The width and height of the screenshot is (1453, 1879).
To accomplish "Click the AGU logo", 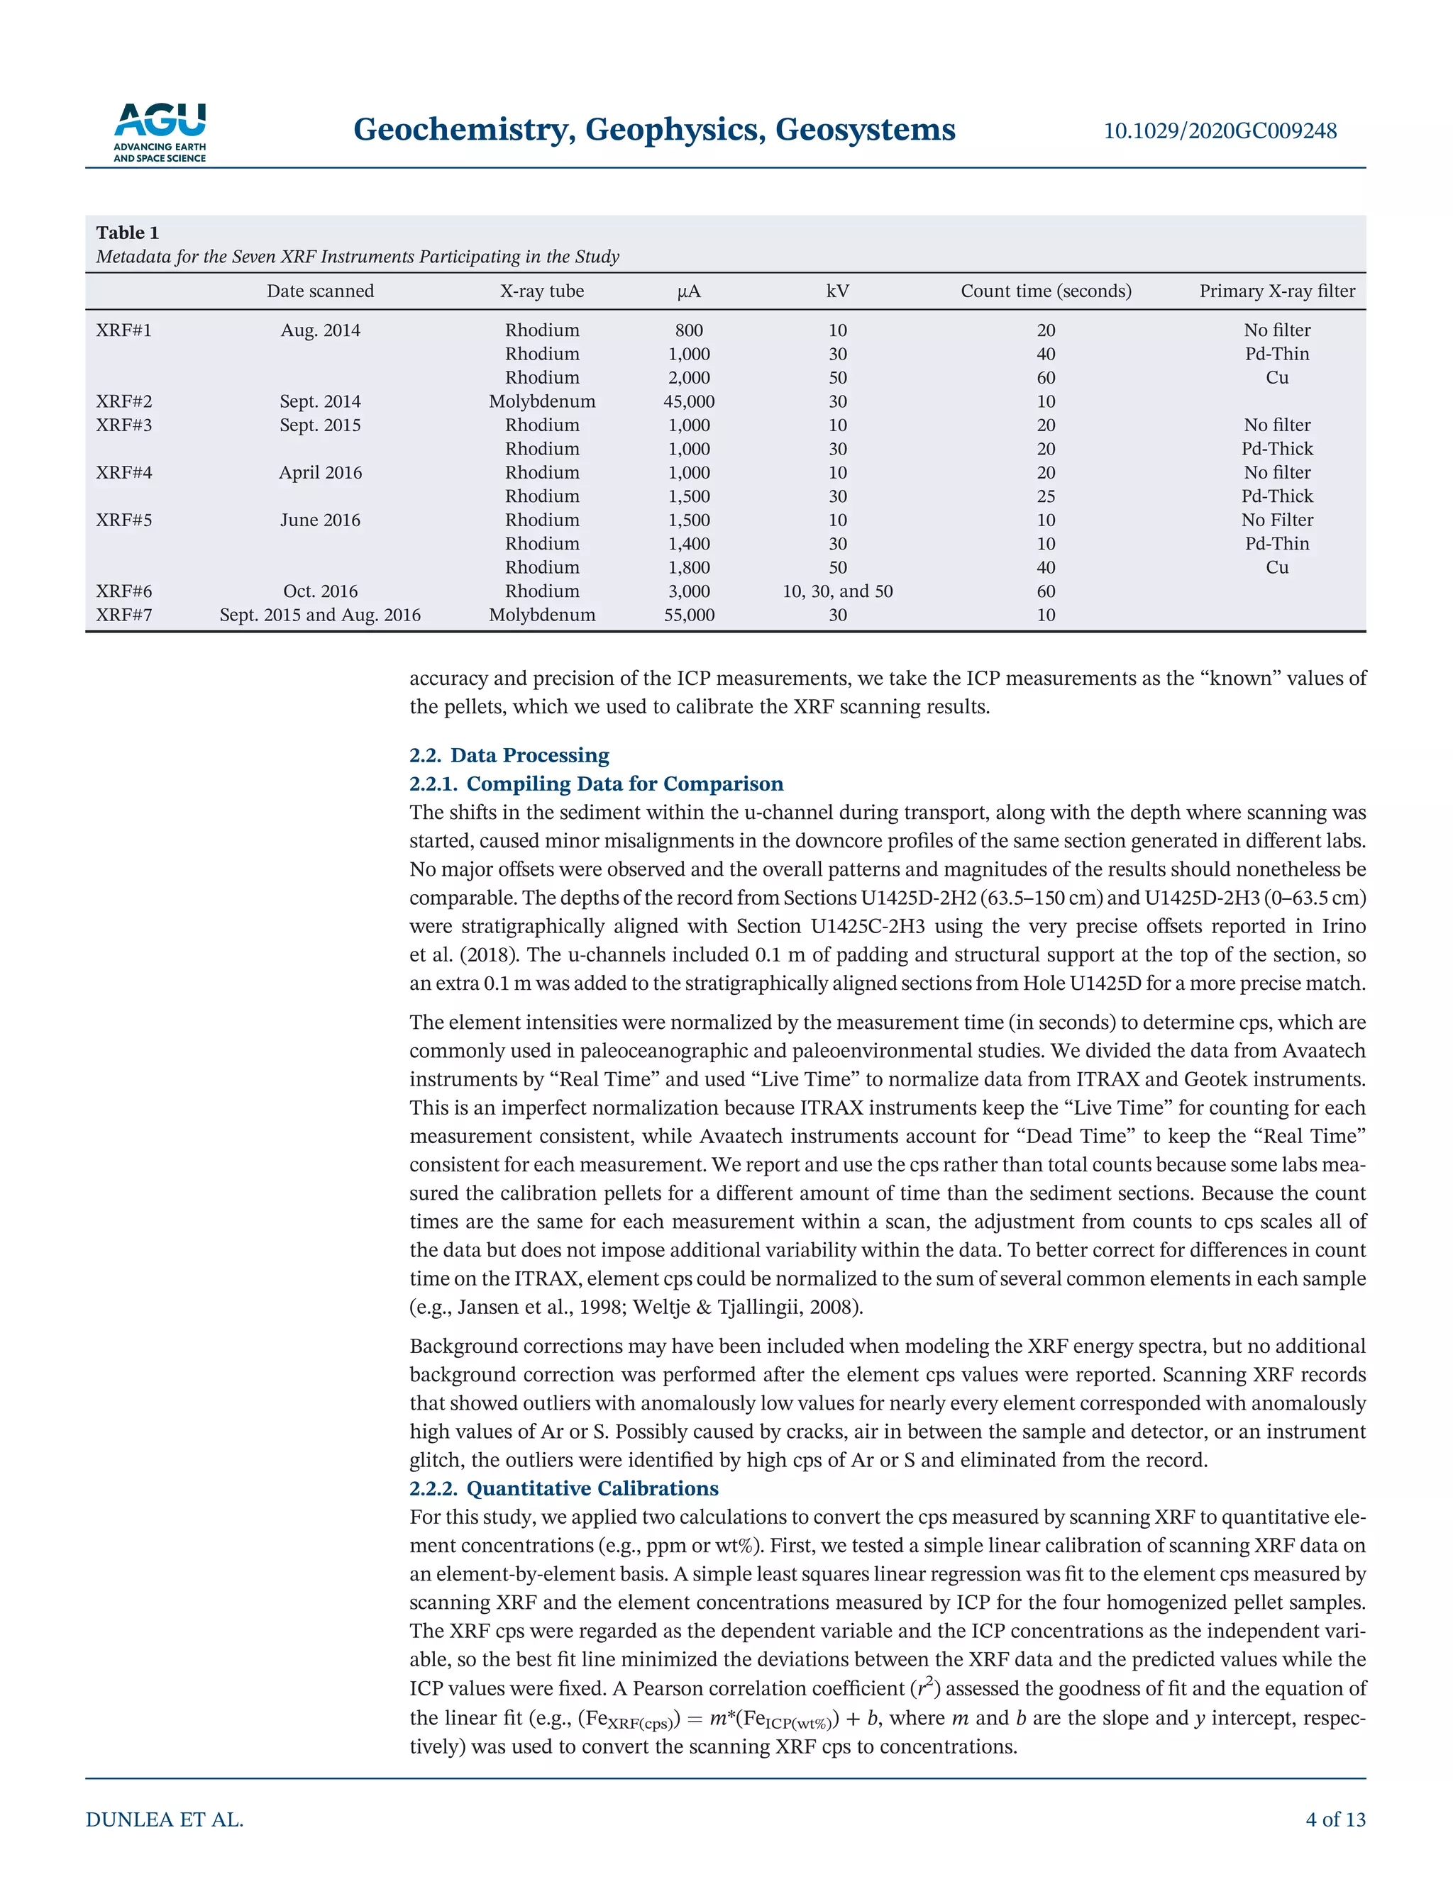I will (x=160, y=132).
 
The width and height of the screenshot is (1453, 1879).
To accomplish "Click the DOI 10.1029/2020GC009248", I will (x=1220, y=130).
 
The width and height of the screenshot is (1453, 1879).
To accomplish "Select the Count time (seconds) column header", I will (x=1045, y=291).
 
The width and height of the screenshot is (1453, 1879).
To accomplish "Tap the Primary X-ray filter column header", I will (x=1276, y=291).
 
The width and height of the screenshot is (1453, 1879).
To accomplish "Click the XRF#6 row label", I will (x=124, y=591).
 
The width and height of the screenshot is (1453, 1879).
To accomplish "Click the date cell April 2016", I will (x=320, y=472).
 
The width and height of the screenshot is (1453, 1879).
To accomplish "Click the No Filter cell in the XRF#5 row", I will (x=1276, y=520).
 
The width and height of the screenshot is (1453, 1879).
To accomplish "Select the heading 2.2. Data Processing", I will (x=509, y=754).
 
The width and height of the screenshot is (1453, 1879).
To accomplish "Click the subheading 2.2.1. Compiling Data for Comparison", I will (x=596, y=784).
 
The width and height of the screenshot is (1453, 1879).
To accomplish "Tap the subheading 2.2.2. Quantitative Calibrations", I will (x=564, y=1488).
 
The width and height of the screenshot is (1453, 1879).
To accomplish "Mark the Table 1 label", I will (x=128, y=233).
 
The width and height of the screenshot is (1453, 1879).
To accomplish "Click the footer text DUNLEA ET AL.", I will (x=165, y=1819).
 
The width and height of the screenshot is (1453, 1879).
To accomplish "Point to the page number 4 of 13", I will (x=1335, y=1819).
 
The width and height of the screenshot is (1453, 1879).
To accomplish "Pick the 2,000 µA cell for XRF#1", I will (x=689, y=378).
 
